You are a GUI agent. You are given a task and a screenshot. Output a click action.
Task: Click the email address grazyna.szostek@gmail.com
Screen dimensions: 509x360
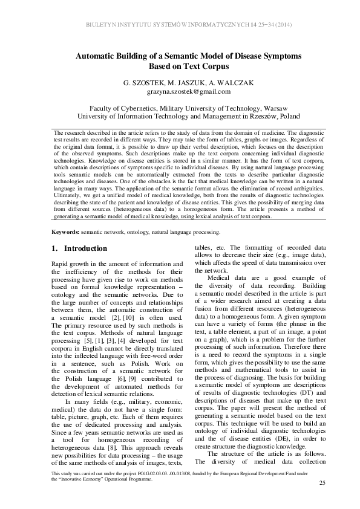[x=180, y=91]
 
